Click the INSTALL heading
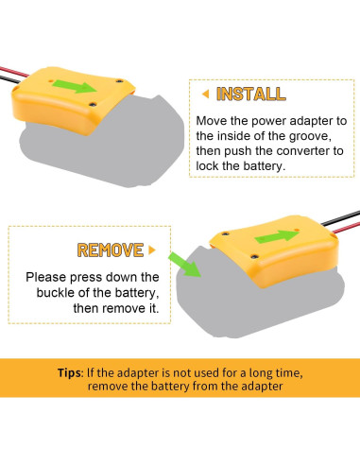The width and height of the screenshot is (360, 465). [251, 94]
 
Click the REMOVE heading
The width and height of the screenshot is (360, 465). [111, 250]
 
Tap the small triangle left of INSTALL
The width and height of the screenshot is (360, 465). [206, 94]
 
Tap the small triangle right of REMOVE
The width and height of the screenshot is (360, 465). [152, 250]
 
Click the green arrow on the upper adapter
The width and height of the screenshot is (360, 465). [75, 86]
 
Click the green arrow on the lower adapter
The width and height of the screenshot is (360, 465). [277, 236]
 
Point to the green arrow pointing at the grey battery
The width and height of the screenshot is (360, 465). [184, 265]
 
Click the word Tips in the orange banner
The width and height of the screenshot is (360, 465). [70, 372]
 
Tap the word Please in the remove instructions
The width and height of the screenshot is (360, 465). [46, 277]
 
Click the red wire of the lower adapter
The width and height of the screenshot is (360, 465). [346, 228]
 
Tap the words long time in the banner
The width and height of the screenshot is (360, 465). [276, 373]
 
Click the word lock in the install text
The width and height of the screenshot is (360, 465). [208, 166]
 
